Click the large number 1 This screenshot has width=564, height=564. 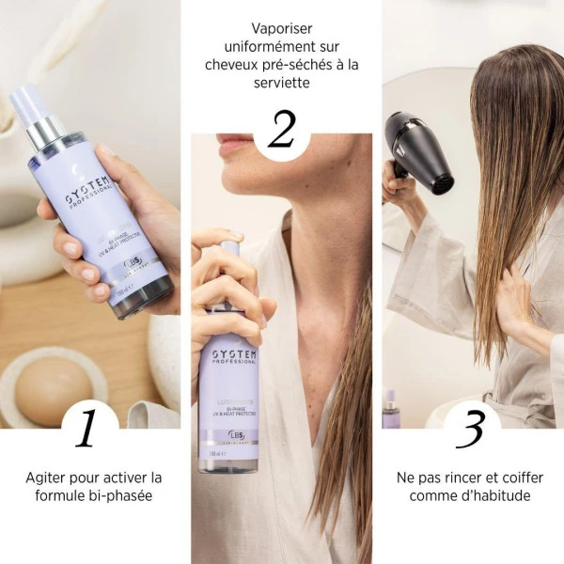[x=86, y=428]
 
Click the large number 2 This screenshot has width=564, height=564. [x=281, y=129]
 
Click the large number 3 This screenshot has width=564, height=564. [x=471, y=428]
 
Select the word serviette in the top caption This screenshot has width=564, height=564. [x=282, y=83]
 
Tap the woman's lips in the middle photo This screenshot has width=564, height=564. [x=233, y=143]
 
